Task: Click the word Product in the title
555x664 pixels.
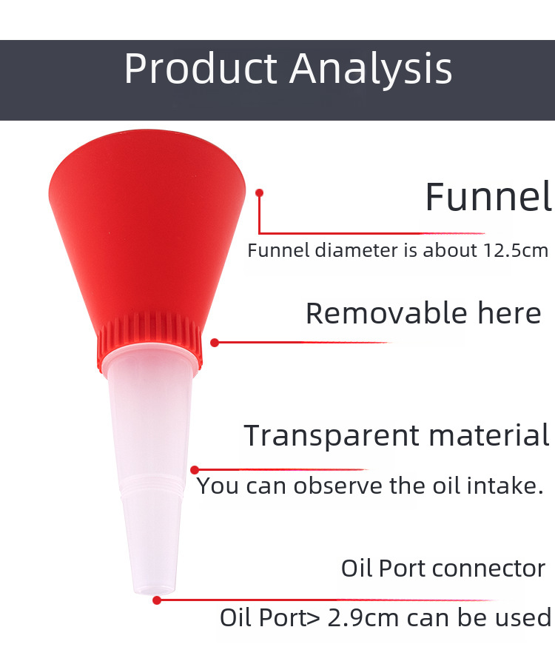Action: coord(201,68)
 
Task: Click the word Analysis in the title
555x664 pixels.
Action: coord(371,69)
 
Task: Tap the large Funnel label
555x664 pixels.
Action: coord(488,196)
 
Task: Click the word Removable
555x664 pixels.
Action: coord(386,313)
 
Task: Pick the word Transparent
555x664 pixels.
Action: coord(332,436)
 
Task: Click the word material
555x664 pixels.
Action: coord(489,435)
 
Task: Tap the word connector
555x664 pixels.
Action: coord(487,569)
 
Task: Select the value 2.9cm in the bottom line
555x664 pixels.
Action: coord(363,618)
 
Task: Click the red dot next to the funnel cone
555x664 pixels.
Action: coord(260,193)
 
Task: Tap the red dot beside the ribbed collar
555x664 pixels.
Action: coord(215,343)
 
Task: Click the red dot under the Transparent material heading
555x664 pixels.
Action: coord(195,470)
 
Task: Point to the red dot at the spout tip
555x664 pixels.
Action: coord(157,600)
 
